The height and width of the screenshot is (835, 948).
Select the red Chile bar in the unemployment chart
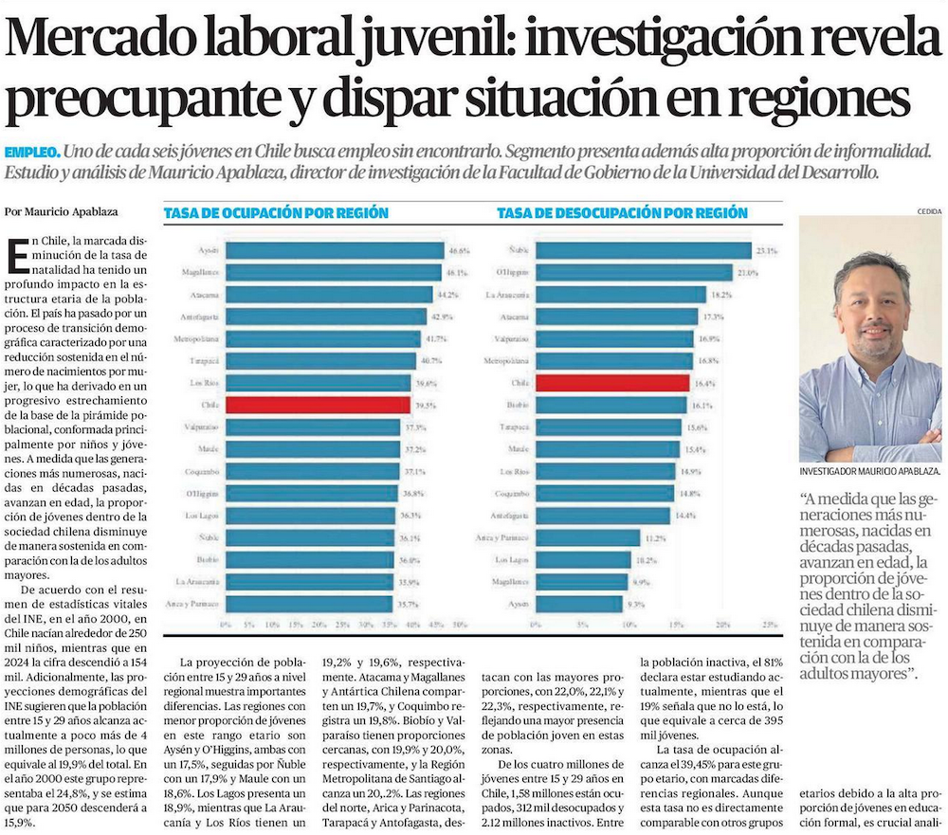click(611, 383)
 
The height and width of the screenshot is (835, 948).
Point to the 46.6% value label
click(459, 251)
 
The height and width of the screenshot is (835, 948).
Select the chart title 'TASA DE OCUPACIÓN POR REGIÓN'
click(276, 213)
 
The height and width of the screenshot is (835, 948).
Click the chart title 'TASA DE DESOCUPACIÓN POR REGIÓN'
click(622, 213)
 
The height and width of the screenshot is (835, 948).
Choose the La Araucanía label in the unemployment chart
click(508, 295)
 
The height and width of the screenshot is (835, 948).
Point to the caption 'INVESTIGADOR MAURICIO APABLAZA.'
click(869, 471)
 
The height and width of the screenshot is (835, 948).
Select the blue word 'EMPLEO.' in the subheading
click(33, 152)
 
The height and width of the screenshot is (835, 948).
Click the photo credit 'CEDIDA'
click(929, 210)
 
